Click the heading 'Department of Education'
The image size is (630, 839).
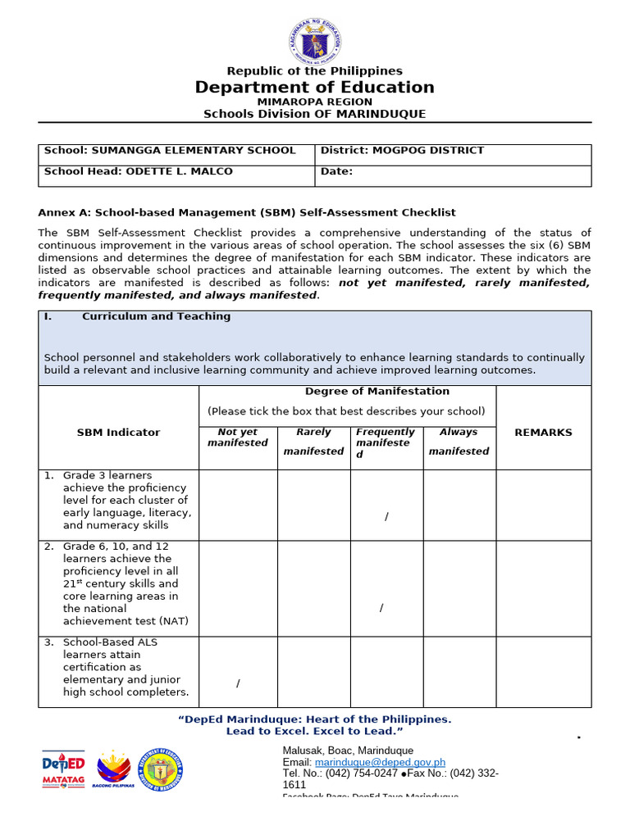coord(315,88)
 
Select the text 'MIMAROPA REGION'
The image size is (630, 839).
coord(315,102)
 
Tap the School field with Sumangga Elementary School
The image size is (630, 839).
coord(170,151)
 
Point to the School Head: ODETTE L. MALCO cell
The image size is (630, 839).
coord(139,172)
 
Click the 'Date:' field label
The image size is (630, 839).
coord(336,172)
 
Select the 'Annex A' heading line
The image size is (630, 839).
coord(247,212)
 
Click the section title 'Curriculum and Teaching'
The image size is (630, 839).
coord(156,316)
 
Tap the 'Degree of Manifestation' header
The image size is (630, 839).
coord(377,392)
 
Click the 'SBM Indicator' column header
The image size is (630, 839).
coord(118,433)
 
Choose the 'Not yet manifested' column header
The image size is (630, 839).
coord(238,438)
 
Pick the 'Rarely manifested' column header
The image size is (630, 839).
coord(313,442)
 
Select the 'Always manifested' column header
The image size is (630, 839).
coord(459,442)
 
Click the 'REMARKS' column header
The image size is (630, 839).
coord(543,433)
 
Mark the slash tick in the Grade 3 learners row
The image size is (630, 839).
coord(386,515)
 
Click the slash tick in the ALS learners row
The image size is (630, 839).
coord(238,683)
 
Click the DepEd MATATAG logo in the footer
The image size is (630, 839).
coord(63,769)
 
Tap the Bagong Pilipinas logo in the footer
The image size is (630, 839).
coord(113,769)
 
